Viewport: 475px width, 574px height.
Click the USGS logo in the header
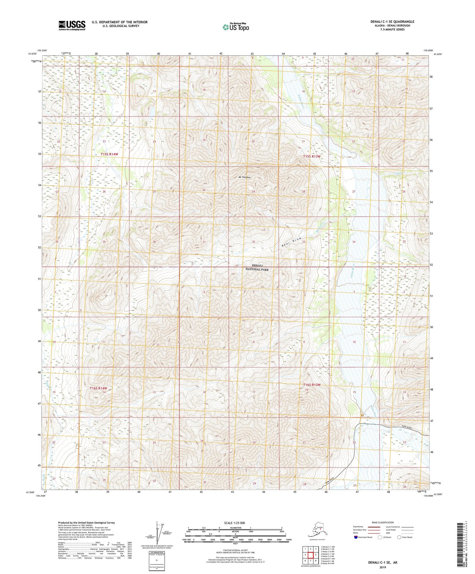72,25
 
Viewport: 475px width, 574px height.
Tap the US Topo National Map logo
235,27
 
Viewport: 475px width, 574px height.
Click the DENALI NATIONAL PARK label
257,267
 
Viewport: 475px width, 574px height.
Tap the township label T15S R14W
109,154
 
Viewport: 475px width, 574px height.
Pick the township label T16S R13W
312,385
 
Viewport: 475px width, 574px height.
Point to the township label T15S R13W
312,156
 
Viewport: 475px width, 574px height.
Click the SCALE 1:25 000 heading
235,523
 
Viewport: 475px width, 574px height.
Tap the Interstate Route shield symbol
356,537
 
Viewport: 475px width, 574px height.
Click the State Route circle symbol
399,537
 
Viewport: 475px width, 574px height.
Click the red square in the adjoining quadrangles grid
310,555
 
